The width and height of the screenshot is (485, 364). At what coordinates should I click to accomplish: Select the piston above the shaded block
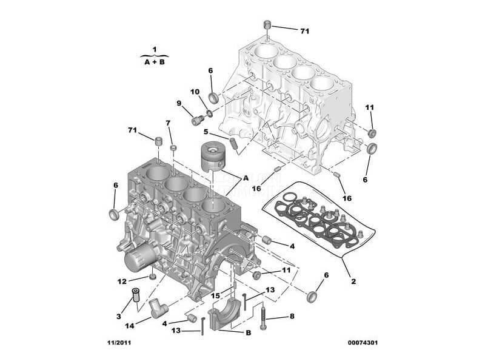pyautogui.click(x=213, y=157)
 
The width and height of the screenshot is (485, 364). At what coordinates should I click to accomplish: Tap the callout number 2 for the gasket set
pyautogui.click(x=353, y=281)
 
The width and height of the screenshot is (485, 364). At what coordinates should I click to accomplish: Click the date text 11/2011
pyautogui.click(x=119, y=343)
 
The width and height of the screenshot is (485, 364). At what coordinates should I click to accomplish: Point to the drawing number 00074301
pyautogui.click(x=363, y=343)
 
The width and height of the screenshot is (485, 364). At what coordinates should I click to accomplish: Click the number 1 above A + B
pyautogui.click(x=155, y=49)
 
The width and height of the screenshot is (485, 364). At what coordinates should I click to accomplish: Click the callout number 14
pyautogui.click(x=130, y=326)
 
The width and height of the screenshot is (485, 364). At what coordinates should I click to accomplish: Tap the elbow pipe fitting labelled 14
pyautogui.click(x=158, y=308)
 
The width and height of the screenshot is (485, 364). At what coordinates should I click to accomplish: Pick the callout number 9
pyautogui.click(x=179, y=103)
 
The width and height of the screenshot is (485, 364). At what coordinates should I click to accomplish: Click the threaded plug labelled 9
pyautogui.click(x=198, y=120)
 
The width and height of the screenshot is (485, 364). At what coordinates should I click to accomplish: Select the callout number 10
pyautogui.click(x=195, y=92)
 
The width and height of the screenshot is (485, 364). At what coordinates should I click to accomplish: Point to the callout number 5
pyautogui.click(x=206, y=132)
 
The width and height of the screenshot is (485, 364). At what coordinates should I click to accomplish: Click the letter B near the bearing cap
pyautogui.click(x=248, y=332)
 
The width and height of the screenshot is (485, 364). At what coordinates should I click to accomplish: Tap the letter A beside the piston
pyautogui.click(x=246, y=178)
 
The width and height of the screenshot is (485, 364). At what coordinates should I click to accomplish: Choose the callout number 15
pyautogui.click(x=216, y=296)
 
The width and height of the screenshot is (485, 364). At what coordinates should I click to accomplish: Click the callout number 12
pyautogui.click(x=122, y=281)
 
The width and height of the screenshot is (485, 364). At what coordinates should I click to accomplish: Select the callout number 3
pyautogui.click(x=119, y=316)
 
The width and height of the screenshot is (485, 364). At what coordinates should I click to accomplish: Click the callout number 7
pyautogui.click(x=168, y=123)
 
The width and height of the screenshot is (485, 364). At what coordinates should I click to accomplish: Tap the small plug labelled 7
pyautogui.click(x=174, y=147)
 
